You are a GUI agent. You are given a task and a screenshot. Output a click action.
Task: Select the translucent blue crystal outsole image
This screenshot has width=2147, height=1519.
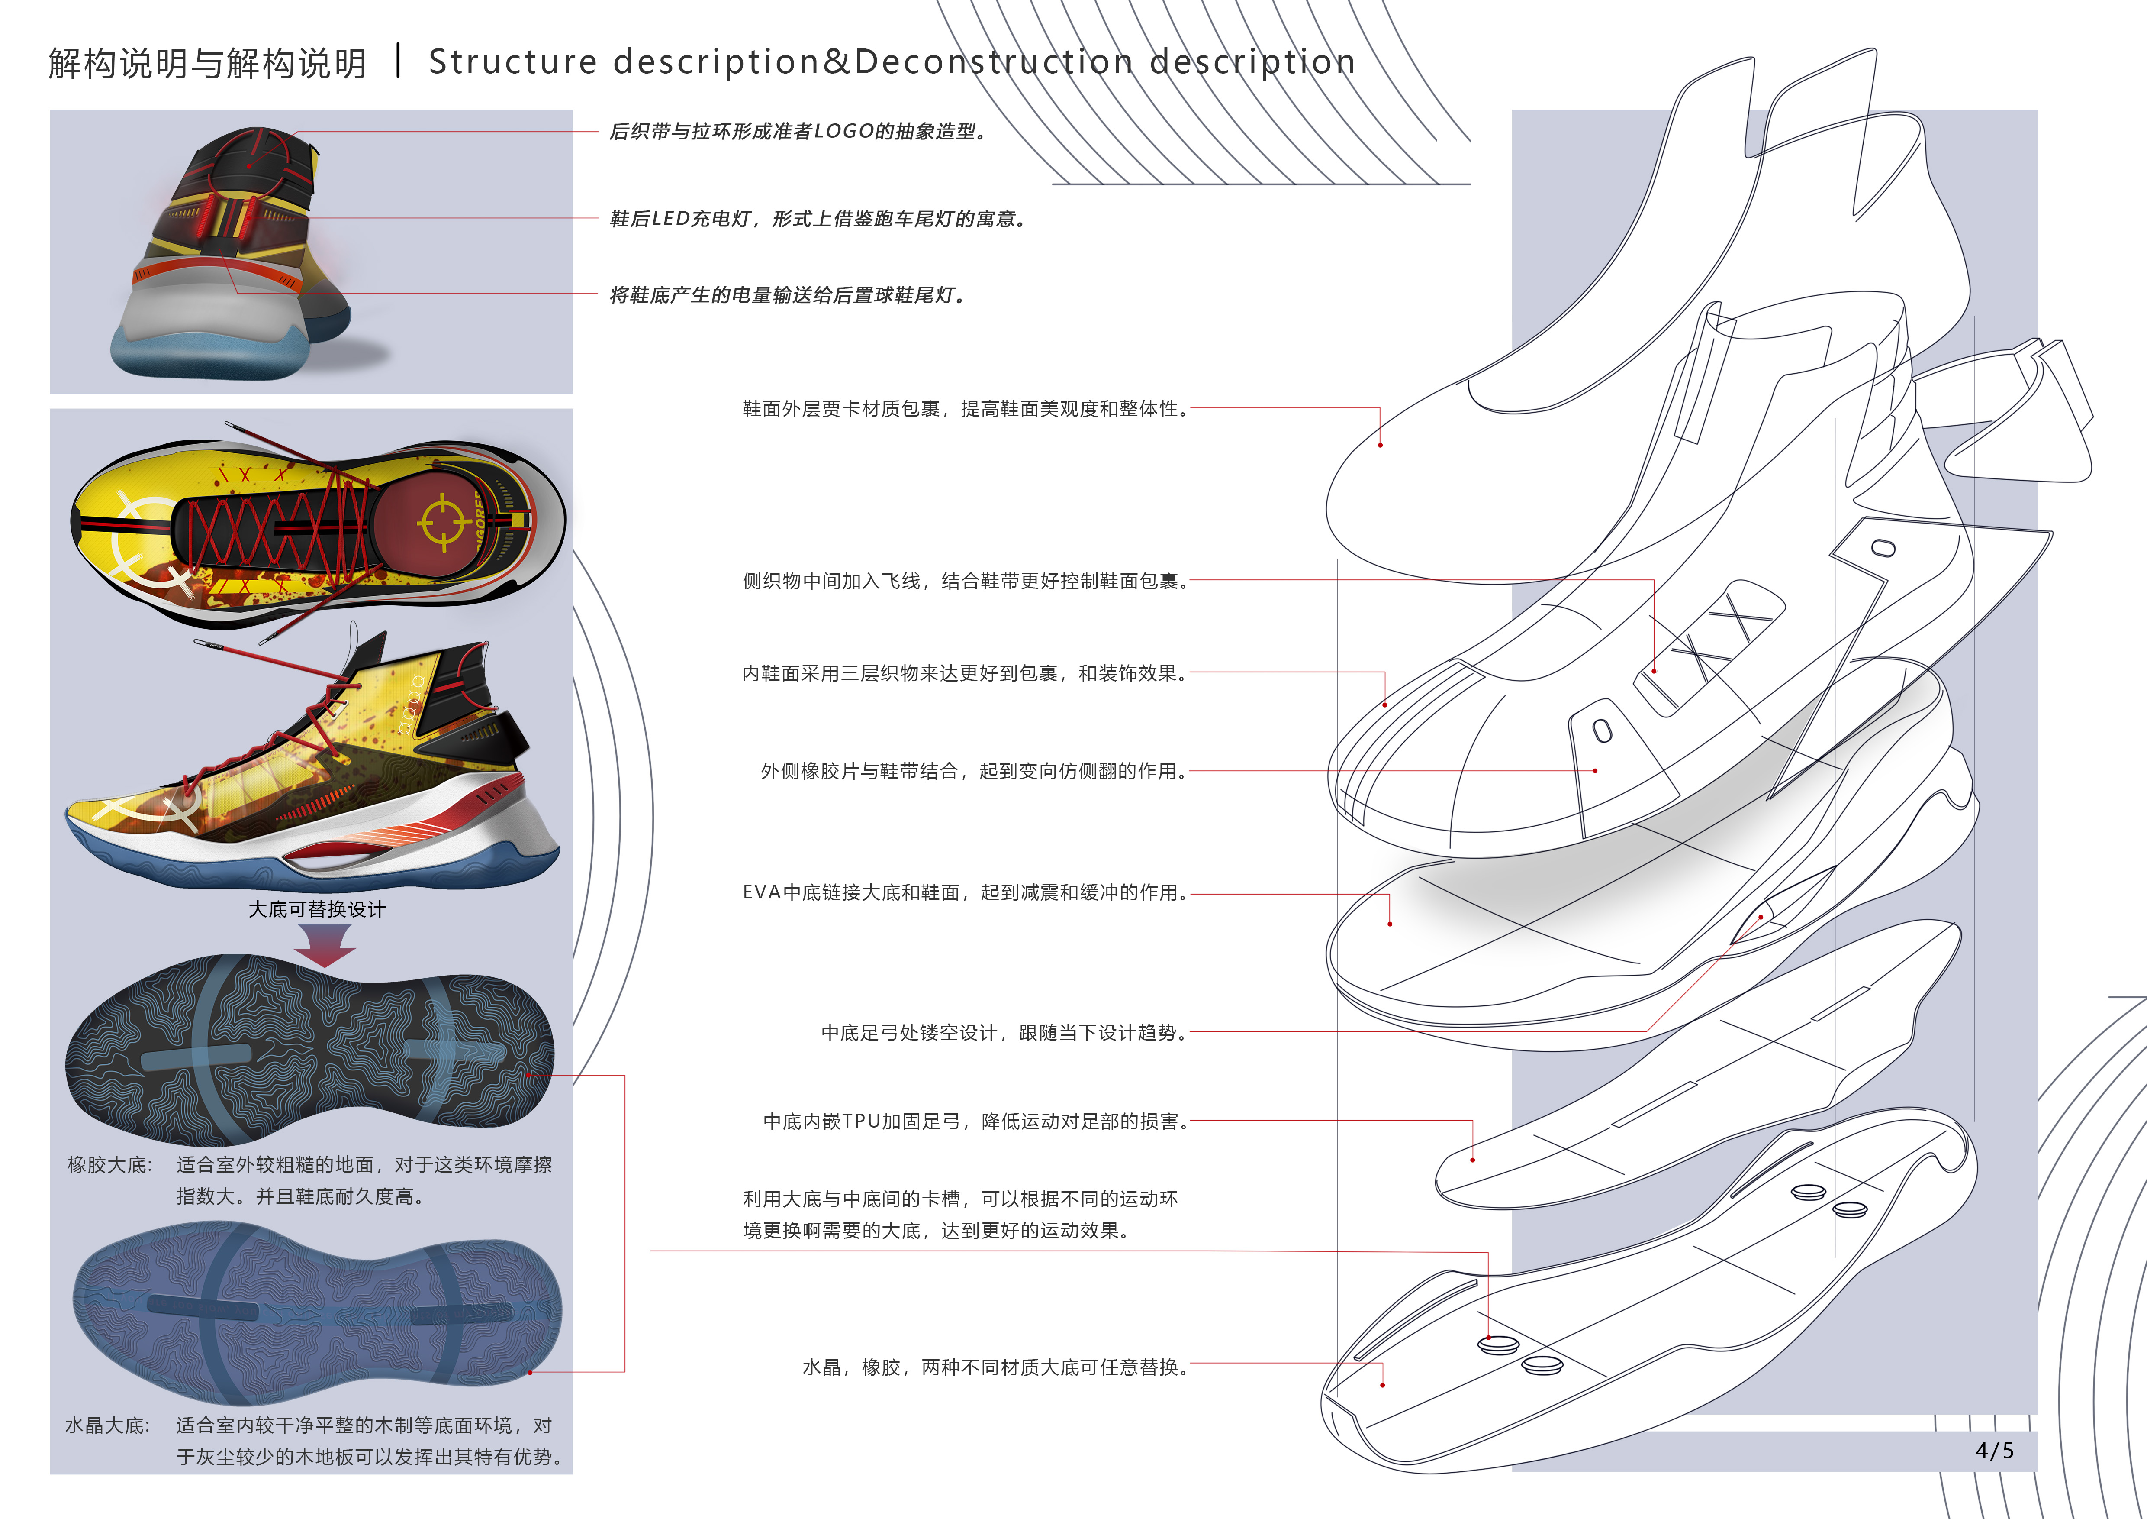pyautogui.click(x=316, y=1309)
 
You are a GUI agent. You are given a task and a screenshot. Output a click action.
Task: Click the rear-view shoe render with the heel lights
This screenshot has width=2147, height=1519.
pyautogui.click(x=234, y=252)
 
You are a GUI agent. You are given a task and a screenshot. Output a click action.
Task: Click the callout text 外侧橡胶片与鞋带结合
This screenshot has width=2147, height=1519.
pyautogui.click(x=972, y=771)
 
